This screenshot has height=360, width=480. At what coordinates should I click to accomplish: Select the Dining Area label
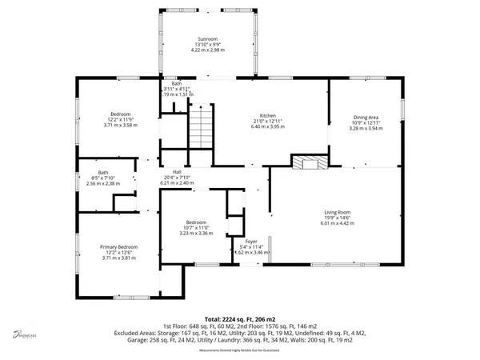(x=366, y=117)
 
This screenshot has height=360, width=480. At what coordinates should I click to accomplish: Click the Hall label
(x=178, y=172)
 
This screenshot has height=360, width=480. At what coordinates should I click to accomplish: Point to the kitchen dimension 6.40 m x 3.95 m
(x=256, y=126)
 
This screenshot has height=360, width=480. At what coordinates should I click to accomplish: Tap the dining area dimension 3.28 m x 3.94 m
(x=366, y=128)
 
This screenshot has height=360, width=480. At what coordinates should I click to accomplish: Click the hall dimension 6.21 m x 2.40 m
(x=178, y=183)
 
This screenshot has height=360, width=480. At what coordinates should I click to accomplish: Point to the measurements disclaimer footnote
(x=240, y=349)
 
